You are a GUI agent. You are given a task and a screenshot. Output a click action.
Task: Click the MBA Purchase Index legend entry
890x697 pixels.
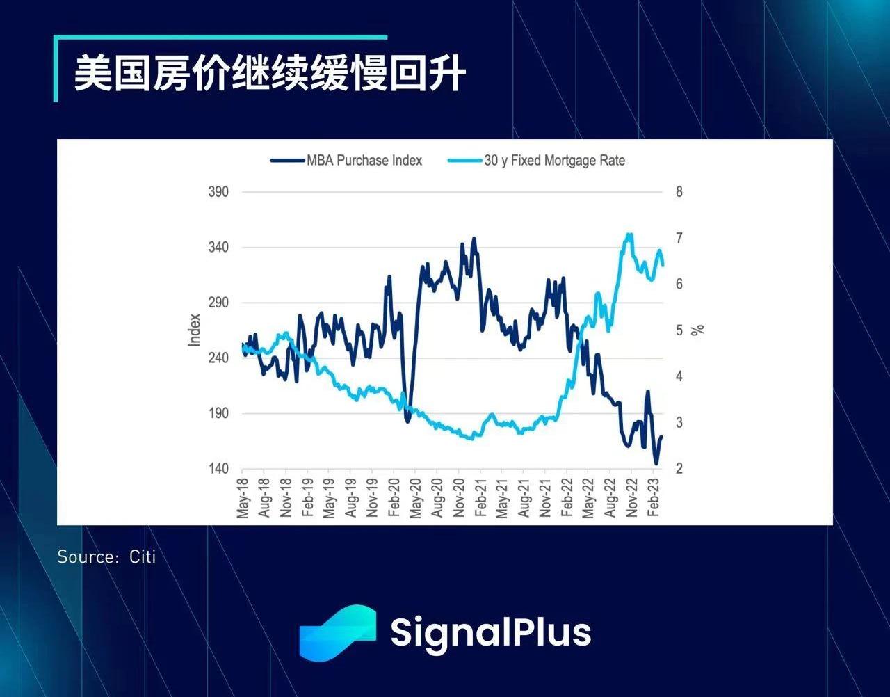pyautogui.click(x=346, y=160)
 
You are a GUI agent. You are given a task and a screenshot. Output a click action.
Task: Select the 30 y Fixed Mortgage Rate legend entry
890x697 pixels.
pyautogui.click(x=537, y=160)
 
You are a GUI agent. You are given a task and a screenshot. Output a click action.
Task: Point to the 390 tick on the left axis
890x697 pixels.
pyautogui.click(x=218, y=192)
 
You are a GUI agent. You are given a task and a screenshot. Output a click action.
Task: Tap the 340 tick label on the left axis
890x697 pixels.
pyautogui.click(x=218, y=248)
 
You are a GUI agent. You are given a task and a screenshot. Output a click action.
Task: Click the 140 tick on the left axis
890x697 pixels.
pyautogui.click(x=218, y=468)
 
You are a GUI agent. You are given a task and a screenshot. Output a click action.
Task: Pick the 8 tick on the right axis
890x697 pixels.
pyautogui.click(x=679, y=192)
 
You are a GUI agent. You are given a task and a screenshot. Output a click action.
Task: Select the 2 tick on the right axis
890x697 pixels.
pyautogui.click(x=679, y=468)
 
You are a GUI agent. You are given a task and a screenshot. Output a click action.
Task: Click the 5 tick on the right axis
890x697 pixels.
pyautogui.click(x=679, y=330)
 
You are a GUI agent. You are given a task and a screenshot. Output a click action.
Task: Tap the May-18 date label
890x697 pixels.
pyautogui.click(x=243, y=498)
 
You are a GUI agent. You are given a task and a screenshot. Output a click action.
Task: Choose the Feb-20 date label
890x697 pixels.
pyautogui.click(x=394, y=497)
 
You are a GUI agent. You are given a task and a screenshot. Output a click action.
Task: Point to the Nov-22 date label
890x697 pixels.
pyautogui.click(x=632, y=497)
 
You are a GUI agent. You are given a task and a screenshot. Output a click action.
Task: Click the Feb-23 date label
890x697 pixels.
pyautogui.click(x=654, y=497)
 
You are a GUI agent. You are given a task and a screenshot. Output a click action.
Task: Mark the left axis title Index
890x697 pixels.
pyautogui.click(x=194, y=330)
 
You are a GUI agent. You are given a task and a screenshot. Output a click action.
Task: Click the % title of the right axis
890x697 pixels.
pyautogui.click(x=697, y=330)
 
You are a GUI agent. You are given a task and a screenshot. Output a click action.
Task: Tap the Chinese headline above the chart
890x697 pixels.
pyautogui.click(x=270, y=74)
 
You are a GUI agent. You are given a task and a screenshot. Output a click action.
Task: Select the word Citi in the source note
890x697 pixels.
pyautogui.click(x=143, y=557)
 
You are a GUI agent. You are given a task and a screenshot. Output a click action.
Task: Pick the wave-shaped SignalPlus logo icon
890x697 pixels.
pyautogui.click(x=338, y=633)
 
